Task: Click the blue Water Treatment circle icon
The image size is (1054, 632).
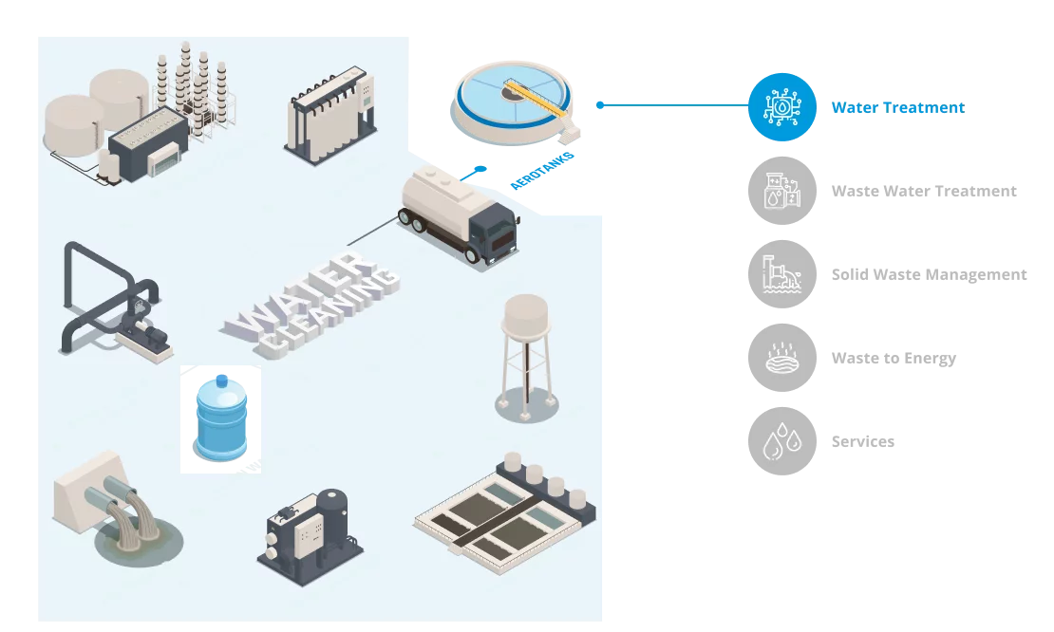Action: (x=781, y=107)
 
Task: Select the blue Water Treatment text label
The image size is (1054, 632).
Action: (x=896, y=107)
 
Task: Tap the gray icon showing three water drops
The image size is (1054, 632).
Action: (x=781, y=440)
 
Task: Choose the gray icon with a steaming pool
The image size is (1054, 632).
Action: (x=781, y=358)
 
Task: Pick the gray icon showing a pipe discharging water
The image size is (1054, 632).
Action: (x=781, y=274)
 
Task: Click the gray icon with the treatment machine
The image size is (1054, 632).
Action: (x=781, y=191)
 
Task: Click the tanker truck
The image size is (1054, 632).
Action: (x=460, y=215)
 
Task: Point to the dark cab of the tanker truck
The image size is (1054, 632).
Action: (x=494, y=234)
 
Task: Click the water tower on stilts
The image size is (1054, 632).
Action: (x=525, y=357)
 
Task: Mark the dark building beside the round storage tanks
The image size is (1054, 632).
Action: (x=147, y=147)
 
